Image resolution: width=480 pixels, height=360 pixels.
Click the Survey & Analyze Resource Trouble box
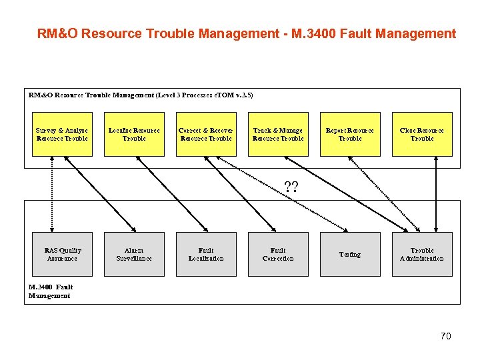(x=62, y=134)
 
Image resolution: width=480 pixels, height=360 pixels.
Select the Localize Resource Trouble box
(x=134, y=134)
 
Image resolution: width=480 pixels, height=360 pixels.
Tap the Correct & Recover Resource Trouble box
(x=206, y=134)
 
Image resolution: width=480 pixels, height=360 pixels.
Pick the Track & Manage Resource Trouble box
(x=278, y=134)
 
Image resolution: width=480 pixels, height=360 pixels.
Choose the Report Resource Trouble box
(x=350, y=134)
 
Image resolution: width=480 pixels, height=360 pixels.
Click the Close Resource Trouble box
(x=422, y=134)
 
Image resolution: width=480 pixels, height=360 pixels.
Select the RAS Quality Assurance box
(x=62, y=254)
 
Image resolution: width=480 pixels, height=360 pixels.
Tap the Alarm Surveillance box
(x=134, y=254)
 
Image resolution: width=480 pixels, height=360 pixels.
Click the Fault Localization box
(x=206, y=254)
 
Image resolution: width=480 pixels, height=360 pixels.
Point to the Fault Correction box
(x=278, y=254)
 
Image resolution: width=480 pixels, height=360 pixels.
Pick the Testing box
(x=350, y=254)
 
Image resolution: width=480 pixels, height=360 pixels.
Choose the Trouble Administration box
(x=422, y=254)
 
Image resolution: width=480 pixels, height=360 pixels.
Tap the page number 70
(x=446, y=336)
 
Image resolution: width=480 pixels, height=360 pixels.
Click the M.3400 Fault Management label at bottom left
(x=50, y=291)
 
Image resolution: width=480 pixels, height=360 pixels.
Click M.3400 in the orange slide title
(x=313, y=34)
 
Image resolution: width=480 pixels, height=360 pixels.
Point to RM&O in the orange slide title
(x=55, y=34)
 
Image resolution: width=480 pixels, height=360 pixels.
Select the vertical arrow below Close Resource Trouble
(x=436, y=193)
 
